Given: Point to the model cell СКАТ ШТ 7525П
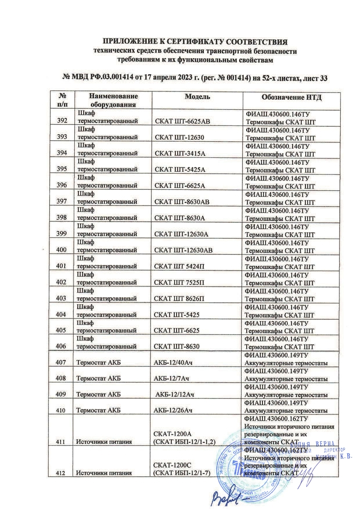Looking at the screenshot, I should point(179,282).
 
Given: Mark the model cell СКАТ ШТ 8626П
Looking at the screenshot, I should point(179,299).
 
